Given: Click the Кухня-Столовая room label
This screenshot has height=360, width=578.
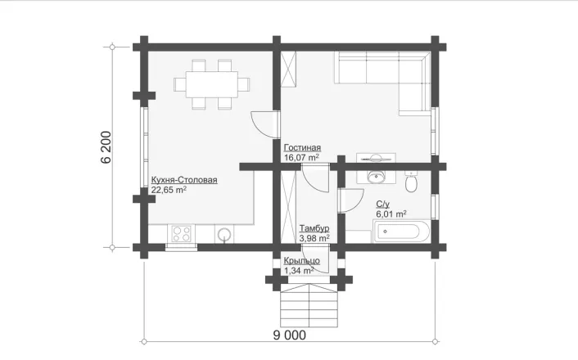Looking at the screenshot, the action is point(184,180).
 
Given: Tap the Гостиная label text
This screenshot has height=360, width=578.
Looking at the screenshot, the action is point(302,148).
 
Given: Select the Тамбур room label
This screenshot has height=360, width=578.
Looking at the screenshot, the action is point(314,228).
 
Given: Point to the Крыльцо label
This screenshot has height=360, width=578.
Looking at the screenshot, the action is point(301,261).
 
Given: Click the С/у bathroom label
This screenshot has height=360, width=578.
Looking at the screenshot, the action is point(382,204).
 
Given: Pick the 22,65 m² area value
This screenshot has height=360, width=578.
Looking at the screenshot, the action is point(169,190).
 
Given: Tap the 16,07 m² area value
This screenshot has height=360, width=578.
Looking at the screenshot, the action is point(301,158).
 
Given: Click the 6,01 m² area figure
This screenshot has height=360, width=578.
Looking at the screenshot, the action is point(391,214).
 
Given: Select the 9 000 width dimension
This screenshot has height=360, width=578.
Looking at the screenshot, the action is point(289,335).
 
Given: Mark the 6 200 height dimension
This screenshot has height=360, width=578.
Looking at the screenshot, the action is point(106,147).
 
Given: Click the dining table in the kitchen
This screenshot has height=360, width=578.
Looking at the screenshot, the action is point(211,84).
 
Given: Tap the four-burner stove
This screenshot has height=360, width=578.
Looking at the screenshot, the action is point(182,234).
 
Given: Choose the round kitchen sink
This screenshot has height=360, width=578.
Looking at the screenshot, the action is point(224,234).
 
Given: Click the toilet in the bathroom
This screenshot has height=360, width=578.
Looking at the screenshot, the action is point(411,181).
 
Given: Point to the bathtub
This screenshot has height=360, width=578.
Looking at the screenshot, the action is point(401,232).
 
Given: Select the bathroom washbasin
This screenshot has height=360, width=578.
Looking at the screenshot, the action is point(376,177).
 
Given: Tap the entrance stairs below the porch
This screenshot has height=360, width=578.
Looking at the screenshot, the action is point(309,305).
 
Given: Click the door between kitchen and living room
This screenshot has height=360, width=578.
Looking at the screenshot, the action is point(264,124).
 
